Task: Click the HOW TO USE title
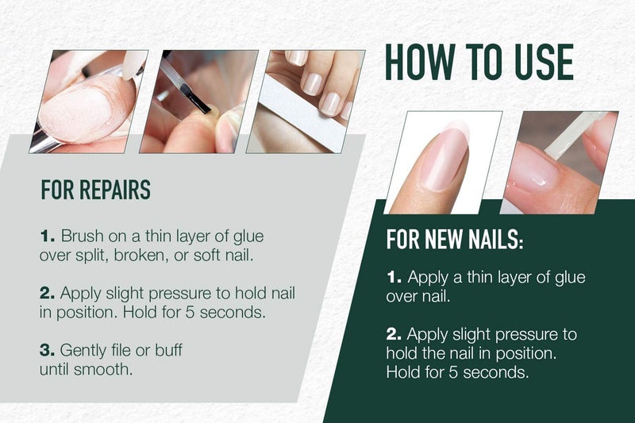479,61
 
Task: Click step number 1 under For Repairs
48,236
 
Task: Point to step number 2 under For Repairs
48,294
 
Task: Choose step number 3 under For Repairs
48,350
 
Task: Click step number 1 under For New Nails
394,278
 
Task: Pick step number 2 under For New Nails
394,334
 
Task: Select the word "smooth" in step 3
100,368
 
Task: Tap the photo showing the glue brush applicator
198,101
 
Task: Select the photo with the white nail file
306,101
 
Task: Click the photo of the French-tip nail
444,161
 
